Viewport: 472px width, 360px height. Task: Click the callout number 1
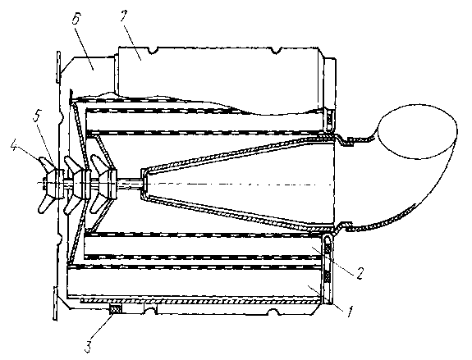point(349,312)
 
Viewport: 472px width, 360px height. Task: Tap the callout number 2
point(359,273)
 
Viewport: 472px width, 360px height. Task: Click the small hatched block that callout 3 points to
point(116,309)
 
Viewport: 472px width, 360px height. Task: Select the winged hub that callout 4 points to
point(51,184)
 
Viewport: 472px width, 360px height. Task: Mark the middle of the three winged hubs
point(78,184)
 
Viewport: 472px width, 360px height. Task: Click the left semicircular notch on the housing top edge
point(153,50)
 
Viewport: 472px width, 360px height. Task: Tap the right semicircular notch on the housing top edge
point(276,51)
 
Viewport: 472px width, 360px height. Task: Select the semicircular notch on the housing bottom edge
point(273,312)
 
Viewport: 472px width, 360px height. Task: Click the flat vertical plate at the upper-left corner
point(58,66)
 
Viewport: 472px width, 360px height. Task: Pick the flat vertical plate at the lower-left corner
point(55,303)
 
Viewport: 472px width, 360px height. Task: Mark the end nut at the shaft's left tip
point(44,184)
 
